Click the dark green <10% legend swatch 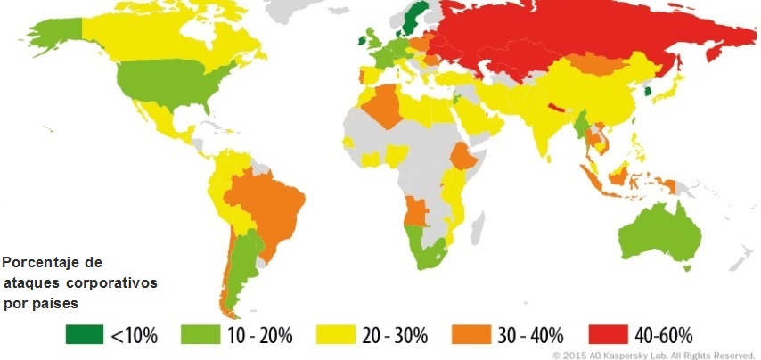pyautogui.click(x=85, y=335)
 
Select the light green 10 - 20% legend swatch pyautogui.click(x=200, y=335)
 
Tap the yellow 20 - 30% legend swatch pyautogui.click(x=331, y=335)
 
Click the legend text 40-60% pyautogui.click(x=662, y=336)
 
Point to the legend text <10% pyautogui.click(x=134, y=336)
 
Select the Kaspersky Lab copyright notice pyautogui.click(x=653, y=354)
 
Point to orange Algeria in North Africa pyautogui.click(x=381, y=104)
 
